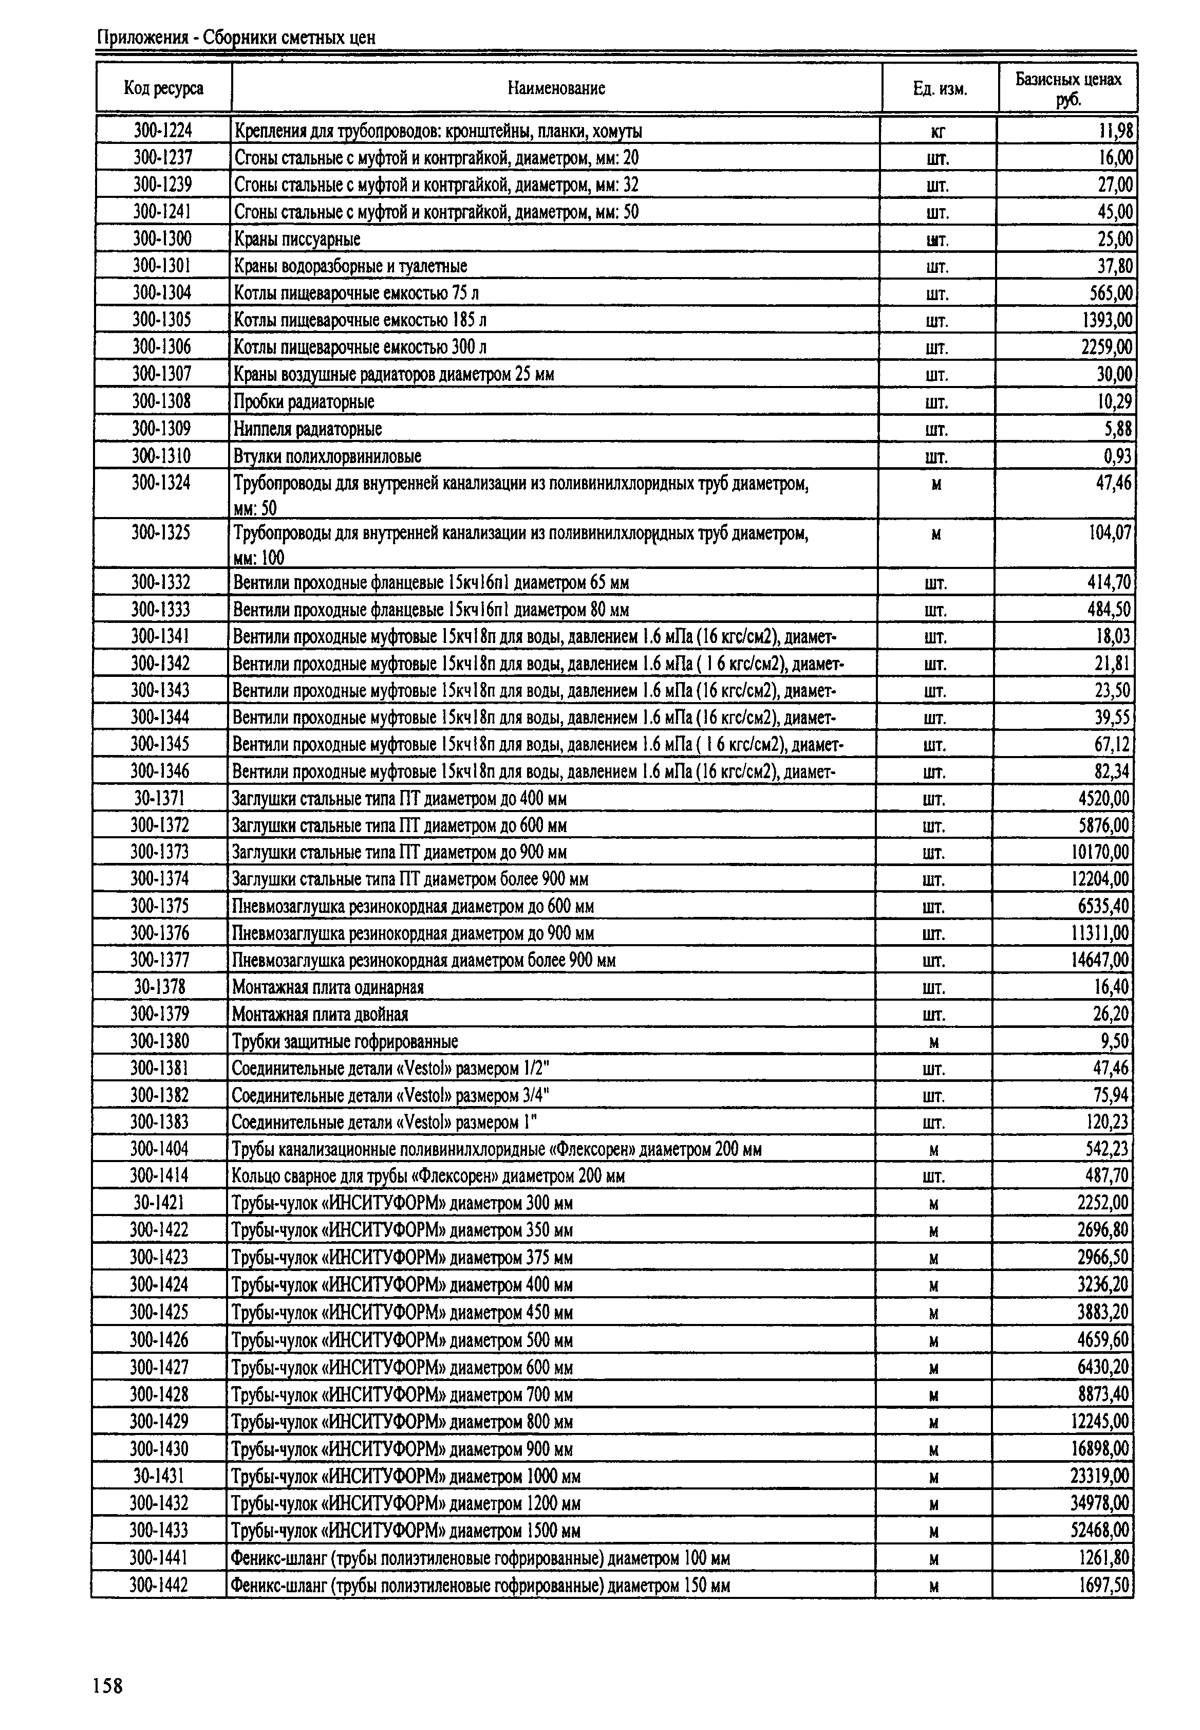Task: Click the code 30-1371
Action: (x=159, y=798)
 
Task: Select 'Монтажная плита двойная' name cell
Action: (x=321, y=1015)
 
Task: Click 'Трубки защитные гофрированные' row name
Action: (x=345, y=1042)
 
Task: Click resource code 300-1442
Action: (x=159, y=1585)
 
